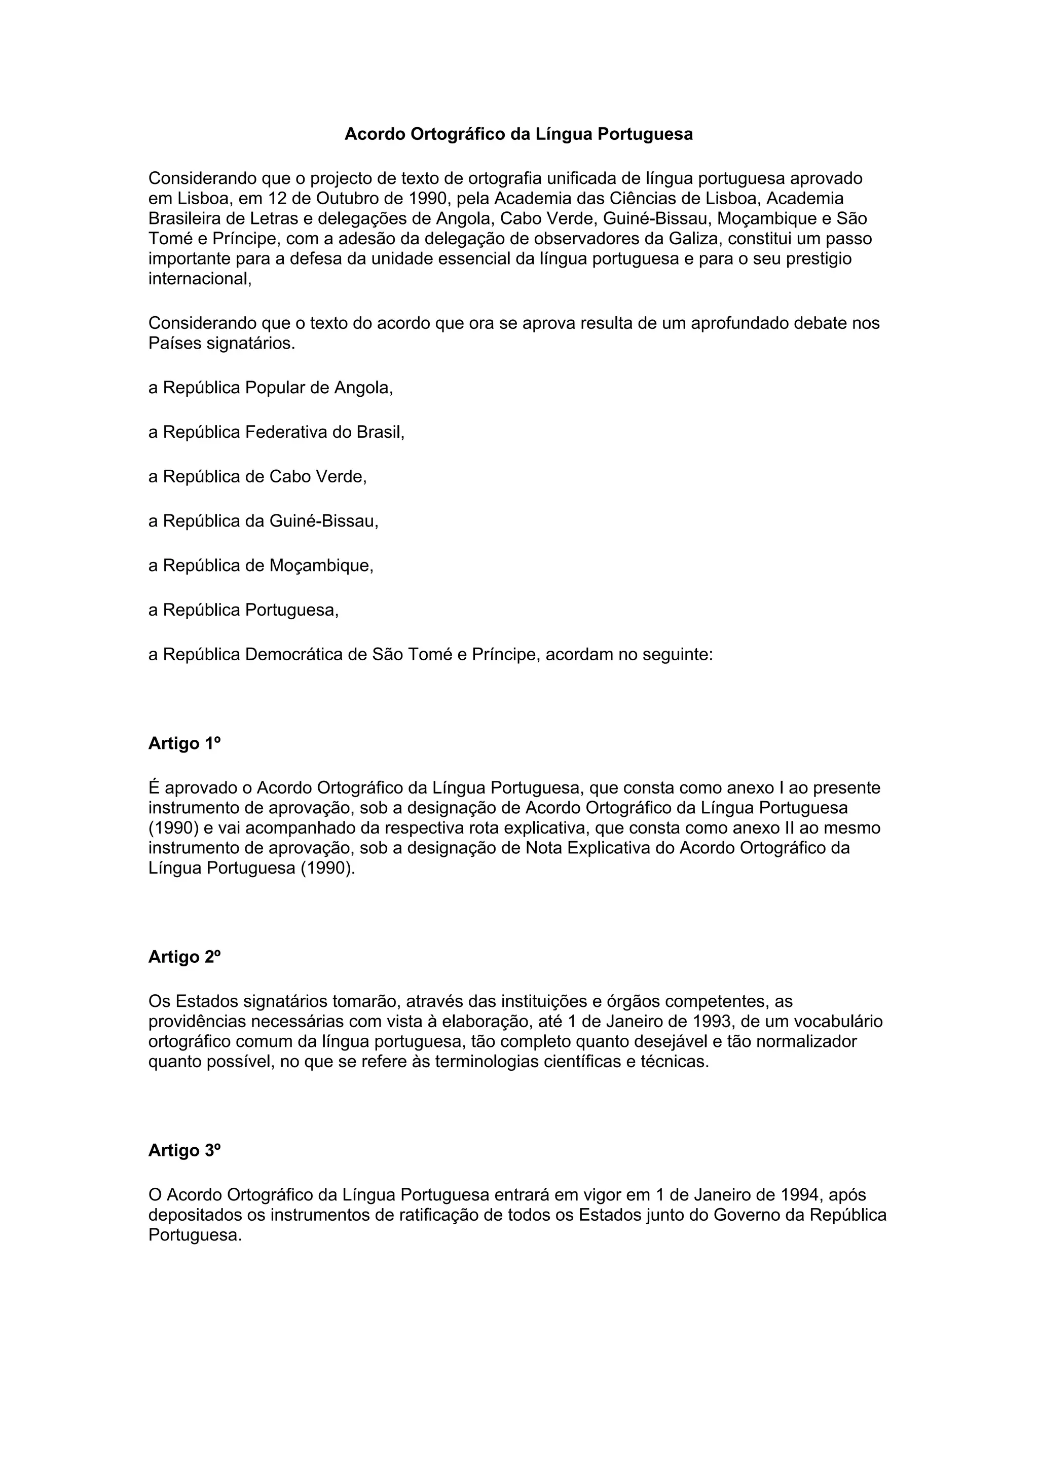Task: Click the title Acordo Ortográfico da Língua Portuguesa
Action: coord(518,134)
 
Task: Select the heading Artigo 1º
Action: coord(184,743)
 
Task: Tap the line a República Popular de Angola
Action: coord(271,388)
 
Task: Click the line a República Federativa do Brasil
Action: coord(276,432)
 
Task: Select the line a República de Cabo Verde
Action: coord(258,476)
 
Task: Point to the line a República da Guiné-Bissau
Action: coord(264,521)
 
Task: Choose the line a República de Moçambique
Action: coord(261,565)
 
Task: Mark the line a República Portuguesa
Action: coord(244,610)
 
